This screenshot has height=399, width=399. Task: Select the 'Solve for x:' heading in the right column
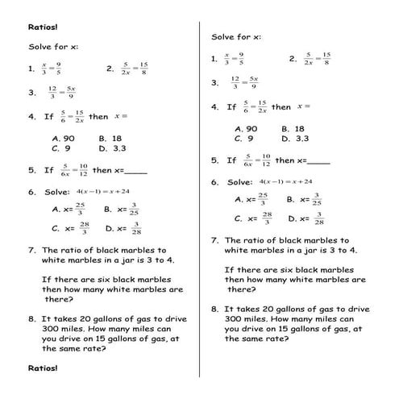tap(236, 37)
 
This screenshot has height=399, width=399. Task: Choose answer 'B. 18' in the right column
tap(293, 128)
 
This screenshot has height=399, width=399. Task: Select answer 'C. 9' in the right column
tap(244, 139)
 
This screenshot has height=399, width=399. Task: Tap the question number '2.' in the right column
tap(293, 59)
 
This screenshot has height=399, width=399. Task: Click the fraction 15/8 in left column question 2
tap(143, 69)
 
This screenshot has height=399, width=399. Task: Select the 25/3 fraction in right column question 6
tap(262, 198)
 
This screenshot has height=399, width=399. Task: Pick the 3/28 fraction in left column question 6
tap(137, 228)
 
